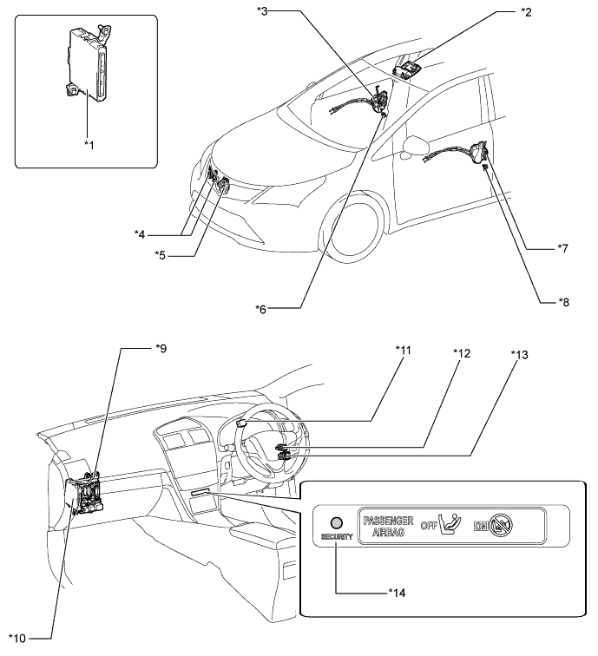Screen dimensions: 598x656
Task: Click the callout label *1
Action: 89,145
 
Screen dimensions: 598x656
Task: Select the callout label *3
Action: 262,11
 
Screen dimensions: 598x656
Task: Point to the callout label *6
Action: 260,310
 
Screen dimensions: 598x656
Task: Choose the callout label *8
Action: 563,302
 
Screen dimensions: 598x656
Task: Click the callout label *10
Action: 17,639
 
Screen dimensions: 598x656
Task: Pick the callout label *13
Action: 520,355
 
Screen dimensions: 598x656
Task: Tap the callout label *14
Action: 397,593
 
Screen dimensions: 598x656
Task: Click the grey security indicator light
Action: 337,522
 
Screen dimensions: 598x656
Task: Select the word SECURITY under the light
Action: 337,536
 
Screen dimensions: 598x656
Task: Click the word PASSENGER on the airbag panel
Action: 388,521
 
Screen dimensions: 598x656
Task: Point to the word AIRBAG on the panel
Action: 388,532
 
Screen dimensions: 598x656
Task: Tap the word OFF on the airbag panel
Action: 429,526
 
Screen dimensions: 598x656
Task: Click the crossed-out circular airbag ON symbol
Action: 502,525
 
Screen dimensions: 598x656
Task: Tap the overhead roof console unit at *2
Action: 407,69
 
